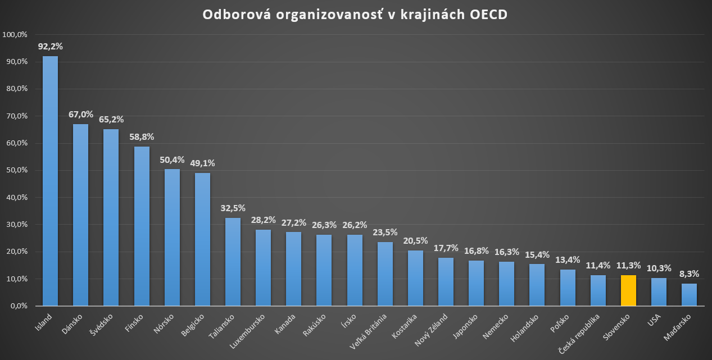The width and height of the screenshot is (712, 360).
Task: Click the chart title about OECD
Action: [x=355, y=15]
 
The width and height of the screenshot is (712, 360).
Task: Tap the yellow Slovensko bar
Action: [x=628, y=290]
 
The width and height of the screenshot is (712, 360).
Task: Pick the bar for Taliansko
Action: [x=233, y=262]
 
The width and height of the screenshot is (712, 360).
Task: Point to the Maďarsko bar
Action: [x=689, y=295]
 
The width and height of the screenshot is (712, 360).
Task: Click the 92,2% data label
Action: [x=51, y=47]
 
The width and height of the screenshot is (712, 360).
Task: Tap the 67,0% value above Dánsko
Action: [x=81, y=115]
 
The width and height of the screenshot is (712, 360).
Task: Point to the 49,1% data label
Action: [x=202, y=163]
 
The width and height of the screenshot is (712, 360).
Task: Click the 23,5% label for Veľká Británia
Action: [x=385, y=233]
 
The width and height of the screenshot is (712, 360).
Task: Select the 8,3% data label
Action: [x=689, y=274]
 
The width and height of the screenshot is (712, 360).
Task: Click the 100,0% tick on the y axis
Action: [x=16, y=34]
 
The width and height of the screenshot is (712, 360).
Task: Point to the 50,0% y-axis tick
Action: [x=17, y=170]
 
